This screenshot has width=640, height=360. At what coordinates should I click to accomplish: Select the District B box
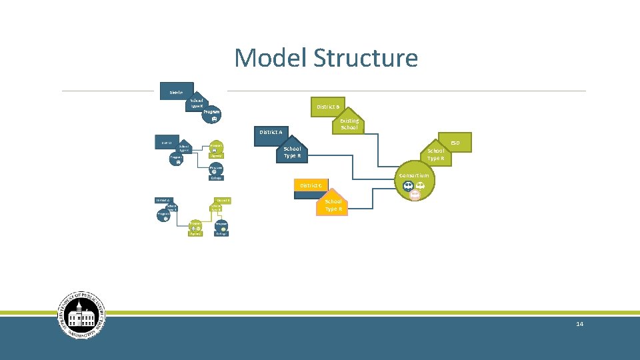tap(327, 107)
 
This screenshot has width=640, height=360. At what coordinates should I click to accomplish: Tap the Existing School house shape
tap(349, 124)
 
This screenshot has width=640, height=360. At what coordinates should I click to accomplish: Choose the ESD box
tap(455, 143)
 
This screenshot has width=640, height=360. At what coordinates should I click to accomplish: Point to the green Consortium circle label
tap(414, 175)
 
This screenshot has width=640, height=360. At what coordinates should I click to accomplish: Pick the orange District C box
tap(311, 185)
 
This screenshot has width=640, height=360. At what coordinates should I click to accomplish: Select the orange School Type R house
tap(333, 205)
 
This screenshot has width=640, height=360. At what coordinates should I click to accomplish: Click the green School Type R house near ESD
tap(435, 155)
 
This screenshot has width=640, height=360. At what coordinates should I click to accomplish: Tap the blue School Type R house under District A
tap(292, 152)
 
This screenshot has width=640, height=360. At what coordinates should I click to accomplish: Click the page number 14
tap(579, 324)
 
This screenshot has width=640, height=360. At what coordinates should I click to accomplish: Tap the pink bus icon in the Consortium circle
tap(415, 195)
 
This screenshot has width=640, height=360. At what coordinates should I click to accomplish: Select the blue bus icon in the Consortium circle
tap(408, 186)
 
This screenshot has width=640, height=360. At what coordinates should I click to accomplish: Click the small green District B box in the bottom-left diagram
tap(223, 200)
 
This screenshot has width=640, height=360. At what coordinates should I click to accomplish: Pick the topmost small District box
tap(176, 92)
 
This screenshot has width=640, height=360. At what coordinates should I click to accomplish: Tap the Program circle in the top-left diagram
tap(211, 114)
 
